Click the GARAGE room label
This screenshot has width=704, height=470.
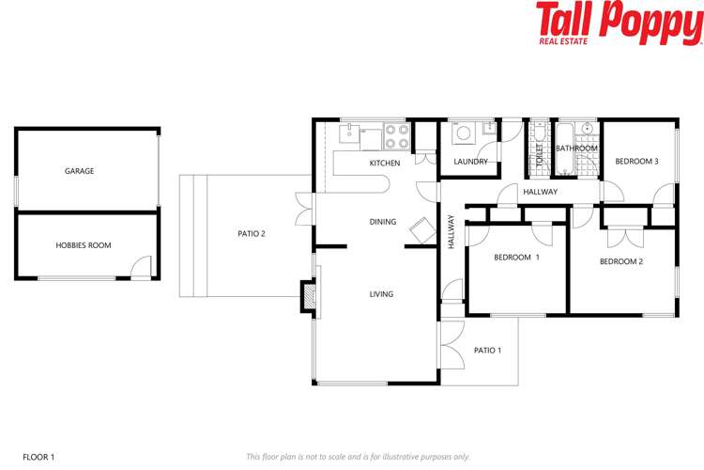79,171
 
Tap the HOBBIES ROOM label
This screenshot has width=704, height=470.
83,245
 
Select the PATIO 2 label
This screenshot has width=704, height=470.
251,233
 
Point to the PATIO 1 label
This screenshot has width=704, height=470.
487,351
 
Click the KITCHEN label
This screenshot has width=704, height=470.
384,164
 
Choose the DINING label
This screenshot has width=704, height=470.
382,223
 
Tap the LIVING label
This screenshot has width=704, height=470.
381,294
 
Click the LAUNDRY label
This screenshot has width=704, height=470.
470,162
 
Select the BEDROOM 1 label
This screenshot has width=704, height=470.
517,257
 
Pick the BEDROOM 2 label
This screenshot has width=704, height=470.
620,261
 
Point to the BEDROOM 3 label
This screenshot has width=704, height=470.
636,162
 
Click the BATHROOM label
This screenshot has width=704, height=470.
576,149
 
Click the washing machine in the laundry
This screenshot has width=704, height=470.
465,135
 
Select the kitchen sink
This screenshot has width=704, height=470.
349,133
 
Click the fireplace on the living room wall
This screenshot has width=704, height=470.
306,296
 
